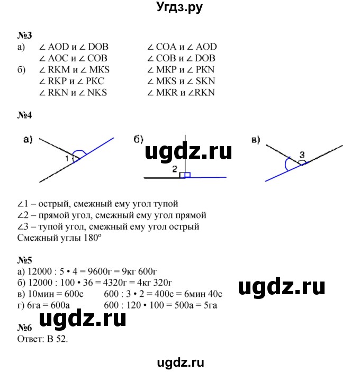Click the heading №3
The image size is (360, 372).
coord(25,35)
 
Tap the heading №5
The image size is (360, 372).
coord(25,260)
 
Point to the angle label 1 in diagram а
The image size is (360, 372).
coord(67,158)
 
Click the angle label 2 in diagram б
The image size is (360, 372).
coord(174,169)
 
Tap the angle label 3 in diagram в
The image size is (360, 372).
coord(302,155)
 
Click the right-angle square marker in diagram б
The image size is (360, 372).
coord(183,175)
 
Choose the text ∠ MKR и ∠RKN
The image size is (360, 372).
coord(182,92)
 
